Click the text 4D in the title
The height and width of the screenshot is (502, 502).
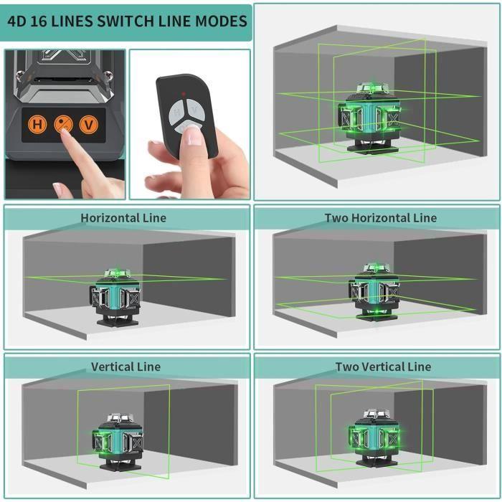click(x=18, y=20)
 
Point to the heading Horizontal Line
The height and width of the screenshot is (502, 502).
click(x=123, y=217)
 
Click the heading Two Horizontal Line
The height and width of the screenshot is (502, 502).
click(x=380, y=217)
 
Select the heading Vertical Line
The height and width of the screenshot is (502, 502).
click(x=125, y=366)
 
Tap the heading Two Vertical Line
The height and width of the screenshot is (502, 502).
click(x=383, y=366)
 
